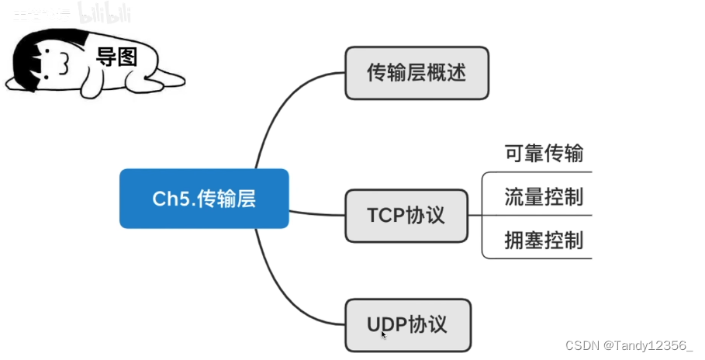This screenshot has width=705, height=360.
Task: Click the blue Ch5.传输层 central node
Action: [204, 199]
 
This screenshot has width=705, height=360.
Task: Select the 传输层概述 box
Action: [416, 73]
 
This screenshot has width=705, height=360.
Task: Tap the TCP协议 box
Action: [406, 215]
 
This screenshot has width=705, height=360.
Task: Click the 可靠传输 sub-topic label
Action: [543, 154]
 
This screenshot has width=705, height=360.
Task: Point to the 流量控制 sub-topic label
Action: [543, 196]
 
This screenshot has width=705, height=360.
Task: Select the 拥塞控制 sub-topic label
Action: [543, 240]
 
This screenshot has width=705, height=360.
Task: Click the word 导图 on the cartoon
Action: [116, 57]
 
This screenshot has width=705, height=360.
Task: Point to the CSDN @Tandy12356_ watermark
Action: [629, 344]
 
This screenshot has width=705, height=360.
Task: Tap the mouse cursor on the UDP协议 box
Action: [383, 334]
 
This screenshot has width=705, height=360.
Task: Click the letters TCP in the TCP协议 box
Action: [385, 215]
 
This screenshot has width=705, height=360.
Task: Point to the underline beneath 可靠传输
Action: [543, 171]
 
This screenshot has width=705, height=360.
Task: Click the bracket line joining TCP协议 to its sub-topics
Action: [482, 215]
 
